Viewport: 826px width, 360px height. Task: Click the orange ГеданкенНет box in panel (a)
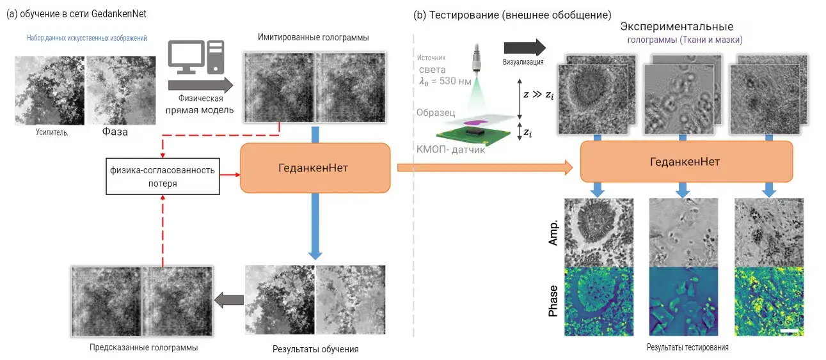click(315, 168)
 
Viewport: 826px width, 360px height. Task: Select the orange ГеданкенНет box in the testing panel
click(686, 162)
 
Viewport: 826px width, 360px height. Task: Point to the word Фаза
click(115, 132)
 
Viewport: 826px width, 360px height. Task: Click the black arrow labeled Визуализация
click(524, 47)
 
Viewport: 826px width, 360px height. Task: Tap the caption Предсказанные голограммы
click(143, 348)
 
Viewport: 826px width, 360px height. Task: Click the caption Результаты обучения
click(311, 349)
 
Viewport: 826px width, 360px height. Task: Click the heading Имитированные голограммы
click(314, 38)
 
